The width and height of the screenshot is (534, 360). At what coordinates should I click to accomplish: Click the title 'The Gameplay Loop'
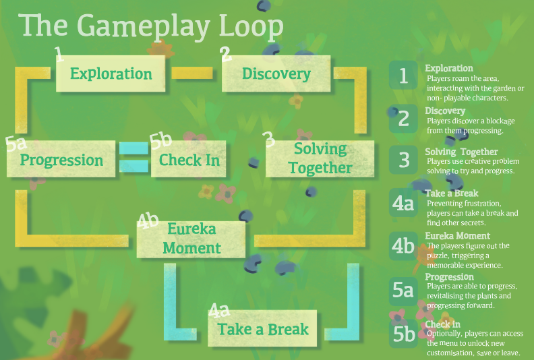152,26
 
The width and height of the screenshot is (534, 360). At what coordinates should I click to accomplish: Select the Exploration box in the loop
111,73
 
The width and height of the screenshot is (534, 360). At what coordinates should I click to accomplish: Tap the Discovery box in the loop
276,73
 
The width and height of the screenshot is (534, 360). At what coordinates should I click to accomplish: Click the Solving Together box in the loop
320,158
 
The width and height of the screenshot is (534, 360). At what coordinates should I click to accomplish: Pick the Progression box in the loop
61,160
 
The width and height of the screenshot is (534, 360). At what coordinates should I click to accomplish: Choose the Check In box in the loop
189,160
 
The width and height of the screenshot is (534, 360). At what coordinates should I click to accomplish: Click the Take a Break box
263,329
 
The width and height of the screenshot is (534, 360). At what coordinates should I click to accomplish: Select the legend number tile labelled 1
403,76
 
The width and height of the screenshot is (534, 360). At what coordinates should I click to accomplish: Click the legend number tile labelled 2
403,119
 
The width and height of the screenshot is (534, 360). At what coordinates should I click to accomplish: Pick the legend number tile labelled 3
403,160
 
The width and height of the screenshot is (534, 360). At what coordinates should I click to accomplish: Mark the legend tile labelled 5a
403,290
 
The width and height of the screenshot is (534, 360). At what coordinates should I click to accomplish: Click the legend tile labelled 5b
403,333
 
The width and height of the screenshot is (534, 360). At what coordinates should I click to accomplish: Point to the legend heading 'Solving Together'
461,152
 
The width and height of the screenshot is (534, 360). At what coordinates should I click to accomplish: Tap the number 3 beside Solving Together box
268,139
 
